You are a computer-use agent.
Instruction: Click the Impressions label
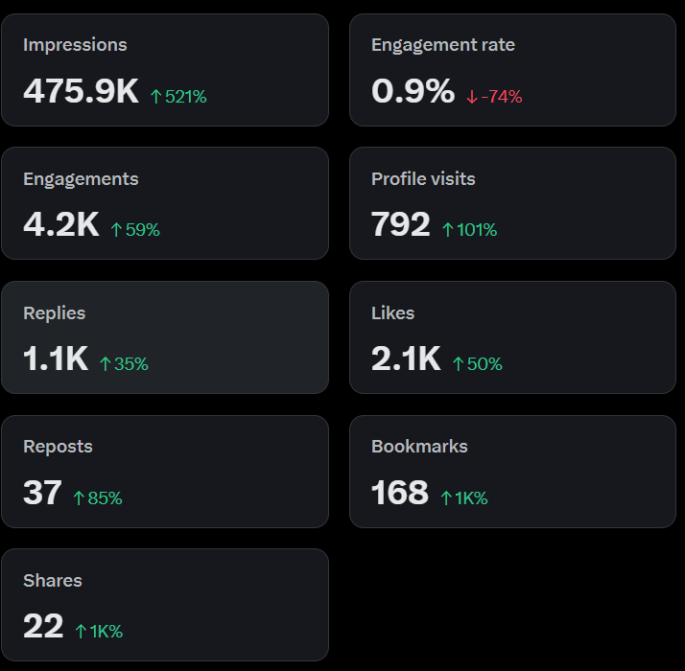(75, 45)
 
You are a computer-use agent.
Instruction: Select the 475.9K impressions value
(81, 91)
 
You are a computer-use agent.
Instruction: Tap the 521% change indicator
(178, 97)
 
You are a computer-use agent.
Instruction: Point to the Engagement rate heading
(443, 45)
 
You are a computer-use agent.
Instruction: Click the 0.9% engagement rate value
(413, 91)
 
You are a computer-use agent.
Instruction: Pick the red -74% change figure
(501, 97)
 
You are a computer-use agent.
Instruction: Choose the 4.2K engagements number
(61, 224)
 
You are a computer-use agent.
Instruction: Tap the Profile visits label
(423, 179)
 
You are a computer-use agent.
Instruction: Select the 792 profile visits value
(401, 224)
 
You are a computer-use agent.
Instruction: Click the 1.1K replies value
(56, 359)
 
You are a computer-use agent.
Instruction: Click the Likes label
(392, 313)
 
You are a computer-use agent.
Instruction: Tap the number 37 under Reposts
(42, 493)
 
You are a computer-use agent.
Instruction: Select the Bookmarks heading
(419, 447)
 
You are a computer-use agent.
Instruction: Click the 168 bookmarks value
(400, 493)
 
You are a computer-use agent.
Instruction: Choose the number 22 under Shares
(43, 626)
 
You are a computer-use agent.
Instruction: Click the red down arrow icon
(472, 97)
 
